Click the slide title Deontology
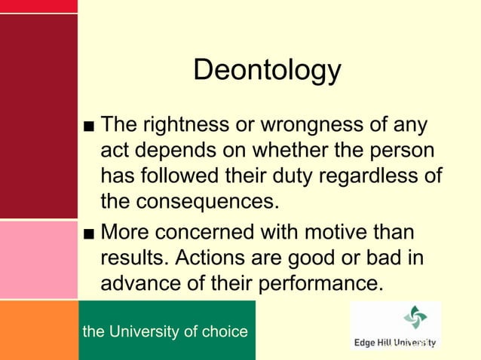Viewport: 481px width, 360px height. (267, 71)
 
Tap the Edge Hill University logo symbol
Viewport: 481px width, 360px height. (415, 318)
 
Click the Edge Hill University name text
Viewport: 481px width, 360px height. (395, 343)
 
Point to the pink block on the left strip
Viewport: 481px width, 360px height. (38, 260)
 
